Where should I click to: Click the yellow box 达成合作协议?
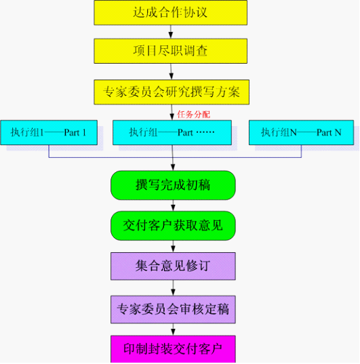tap(170, 12)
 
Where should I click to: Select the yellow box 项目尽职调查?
tap(170, 51)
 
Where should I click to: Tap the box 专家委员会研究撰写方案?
tap(172, 92)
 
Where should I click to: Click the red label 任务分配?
tap(193, 115)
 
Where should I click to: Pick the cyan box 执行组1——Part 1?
tap(49, 133)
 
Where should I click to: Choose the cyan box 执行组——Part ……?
tap(172, 133)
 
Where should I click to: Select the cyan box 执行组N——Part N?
tap(301, 133)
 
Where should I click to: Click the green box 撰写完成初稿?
tap(173, 185)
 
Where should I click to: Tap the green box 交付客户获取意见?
tap(173, 226)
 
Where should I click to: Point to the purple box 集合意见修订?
tap(173, 266)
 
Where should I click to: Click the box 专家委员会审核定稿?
tap(173, 310)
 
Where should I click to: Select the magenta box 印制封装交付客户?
tap(173, 349)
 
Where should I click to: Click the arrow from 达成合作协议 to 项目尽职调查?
tap(171, 32)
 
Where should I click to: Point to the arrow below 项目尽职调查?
tap(171, 72)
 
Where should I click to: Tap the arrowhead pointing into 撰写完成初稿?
tap(173, 167)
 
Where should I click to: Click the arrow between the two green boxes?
tap(173, 205)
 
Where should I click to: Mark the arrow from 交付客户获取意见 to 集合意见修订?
tap(173, 246)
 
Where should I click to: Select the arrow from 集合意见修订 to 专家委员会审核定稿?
tap(173, 288)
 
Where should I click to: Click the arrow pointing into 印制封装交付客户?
tap(173, 329)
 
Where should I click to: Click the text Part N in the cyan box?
tap(329, 133)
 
